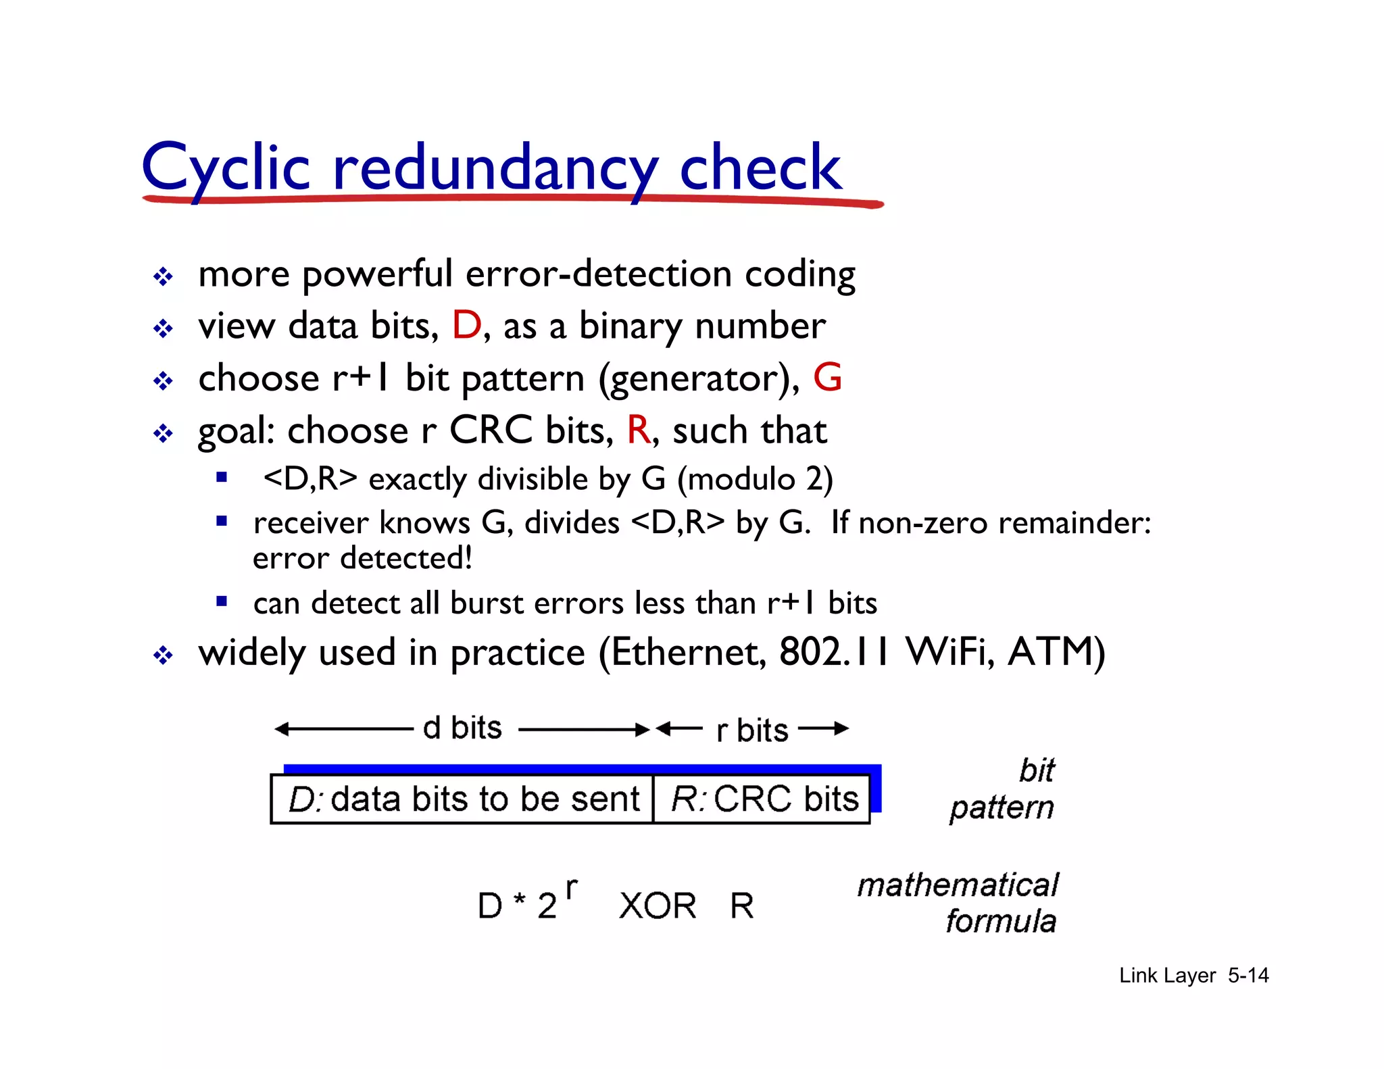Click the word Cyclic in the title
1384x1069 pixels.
tap(226, 167)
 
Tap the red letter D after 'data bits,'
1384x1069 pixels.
tap(466, 326)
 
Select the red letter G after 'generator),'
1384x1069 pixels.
tap(827, 378)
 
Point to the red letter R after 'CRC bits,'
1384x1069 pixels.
tap(638, 430)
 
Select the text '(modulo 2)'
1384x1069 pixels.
tap(755, 479)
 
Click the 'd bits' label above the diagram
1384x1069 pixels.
tap(462, 728)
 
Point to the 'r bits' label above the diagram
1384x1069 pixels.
tap(752, 730)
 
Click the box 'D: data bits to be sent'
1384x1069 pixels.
tap(462, 799)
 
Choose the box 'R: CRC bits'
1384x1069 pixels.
tap(762, 799)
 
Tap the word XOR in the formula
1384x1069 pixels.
tap(657, 906)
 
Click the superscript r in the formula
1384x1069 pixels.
tap(572, 887)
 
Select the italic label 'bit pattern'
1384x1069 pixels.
tap(1003, 789)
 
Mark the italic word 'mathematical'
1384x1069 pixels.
tap(958, 885)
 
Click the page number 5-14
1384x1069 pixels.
tap(1248, 975)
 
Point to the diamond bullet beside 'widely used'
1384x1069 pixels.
tap(163, 655)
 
